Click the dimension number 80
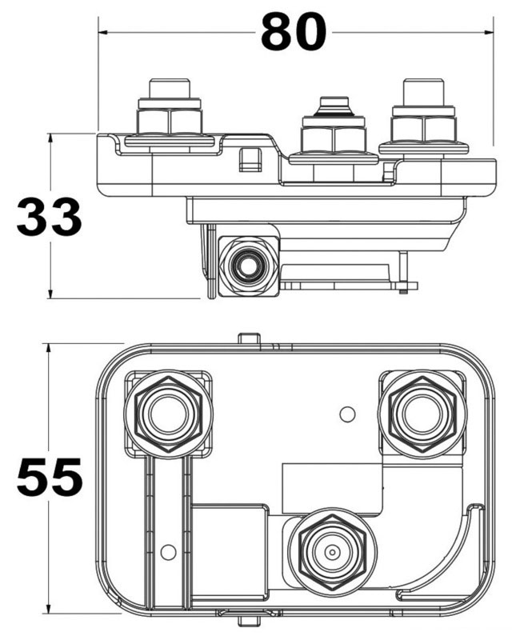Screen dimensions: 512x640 294,32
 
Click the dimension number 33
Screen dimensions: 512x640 49,216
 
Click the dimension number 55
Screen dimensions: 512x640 49,477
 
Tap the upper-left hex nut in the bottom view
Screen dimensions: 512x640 169,414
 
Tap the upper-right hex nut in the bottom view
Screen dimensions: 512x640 422,414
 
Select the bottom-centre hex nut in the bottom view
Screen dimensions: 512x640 332,552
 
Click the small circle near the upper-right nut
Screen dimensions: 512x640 347,414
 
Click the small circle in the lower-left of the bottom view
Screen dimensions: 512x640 168,552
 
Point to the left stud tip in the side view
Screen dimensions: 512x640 170,88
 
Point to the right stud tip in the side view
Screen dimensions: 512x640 423,92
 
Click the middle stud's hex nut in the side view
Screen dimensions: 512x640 333,139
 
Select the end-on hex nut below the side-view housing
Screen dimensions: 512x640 249,266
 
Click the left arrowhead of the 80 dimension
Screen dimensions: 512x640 103,32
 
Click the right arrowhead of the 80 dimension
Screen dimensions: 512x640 488,32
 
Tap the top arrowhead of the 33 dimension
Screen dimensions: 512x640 50,138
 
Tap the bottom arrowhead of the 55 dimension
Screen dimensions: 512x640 49,608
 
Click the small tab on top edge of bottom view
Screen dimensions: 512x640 249,338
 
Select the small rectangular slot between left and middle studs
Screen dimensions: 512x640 250,159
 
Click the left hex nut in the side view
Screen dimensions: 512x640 170,122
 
